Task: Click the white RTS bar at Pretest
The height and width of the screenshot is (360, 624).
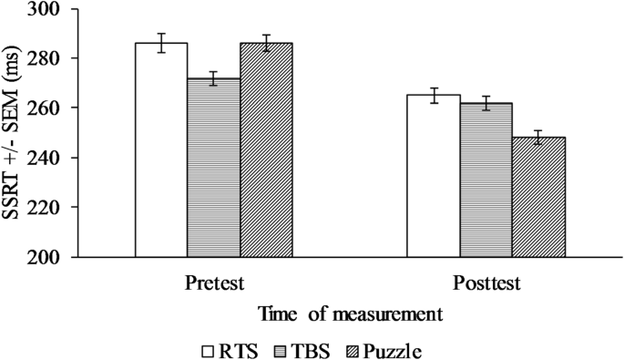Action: [161, 150]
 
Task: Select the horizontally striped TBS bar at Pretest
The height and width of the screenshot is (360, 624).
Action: [214, 168]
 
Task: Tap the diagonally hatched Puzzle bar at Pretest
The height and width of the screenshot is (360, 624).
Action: [266, 150]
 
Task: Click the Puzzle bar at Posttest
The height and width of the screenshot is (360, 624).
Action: [538, 197]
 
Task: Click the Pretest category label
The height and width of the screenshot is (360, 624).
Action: [213, 283]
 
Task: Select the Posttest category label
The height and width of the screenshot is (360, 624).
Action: [486, 283]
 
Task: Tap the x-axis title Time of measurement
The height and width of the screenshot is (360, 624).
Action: [351, 314]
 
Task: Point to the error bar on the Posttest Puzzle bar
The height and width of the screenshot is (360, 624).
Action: [538, 137]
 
